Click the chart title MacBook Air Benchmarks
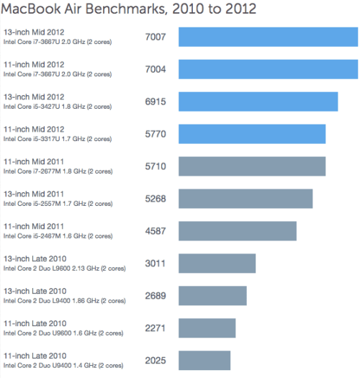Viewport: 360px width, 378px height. [x=130, y=9]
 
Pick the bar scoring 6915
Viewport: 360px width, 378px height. [x=258, y=102]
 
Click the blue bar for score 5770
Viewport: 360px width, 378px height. [x=252, y=134]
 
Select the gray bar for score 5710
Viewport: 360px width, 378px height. [x=252, y=166]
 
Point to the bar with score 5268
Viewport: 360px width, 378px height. [x=246, y=199]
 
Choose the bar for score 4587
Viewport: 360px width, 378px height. [x=238, y=231]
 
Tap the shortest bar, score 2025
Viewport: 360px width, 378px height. [x=204, y=360]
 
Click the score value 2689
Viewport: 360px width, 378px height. [x=156, y=296]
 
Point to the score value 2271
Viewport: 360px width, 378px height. [x=156, y=328]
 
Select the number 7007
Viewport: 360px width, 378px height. [x=156, y=37]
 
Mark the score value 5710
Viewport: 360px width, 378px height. [x=156, y=166]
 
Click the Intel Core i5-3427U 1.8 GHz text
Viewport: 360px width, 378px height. [x=58, y=107]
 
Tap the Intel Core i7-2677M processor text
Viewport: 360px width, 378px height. [x=58, y=171]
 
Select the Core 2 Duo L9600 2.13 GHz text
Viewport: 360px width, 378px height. [x=65, y=269]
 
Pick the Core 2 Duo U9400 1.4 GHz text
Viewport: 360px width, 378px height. [x=63, y=366]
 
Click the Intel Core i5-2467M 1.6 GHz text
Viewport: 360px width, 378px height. [x=58, y=236]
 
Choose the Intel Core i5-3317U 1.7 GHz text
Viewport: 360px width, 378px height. [x=58, y=139]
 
